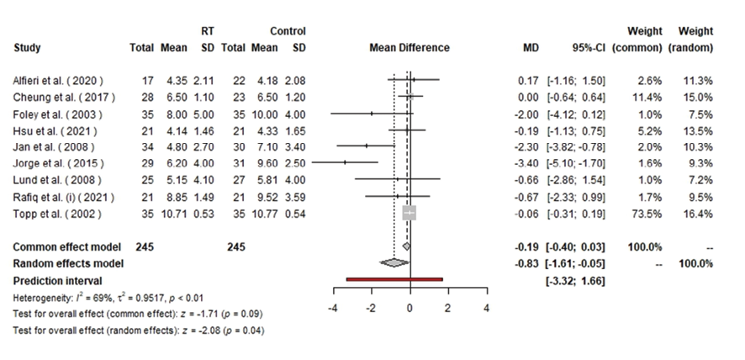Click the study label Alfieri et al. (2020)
click(x=58, y=81)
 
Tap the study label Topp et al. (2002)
click(x=53, y=214)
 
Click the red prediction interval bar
click(x=394, y=279)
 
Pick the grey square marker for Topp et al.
click(x=409, y=214)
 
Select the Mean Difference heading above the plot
click(x=409, y=48)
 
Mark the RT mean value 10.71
click(x=173, y=214)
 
